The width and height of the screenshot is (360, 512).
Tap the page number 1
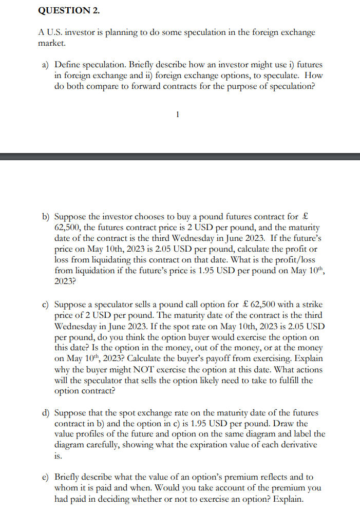pyautogui.click(x=177, y=115)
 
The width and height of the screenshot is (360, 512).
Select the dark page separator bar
pyautogui.click(x=180, y=156)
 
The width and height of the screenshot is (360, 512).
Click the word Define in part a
pyautogui.click(x=68, y=65)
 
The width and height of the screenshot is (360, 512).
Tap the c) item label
pyautogui.click(x=46, y=305)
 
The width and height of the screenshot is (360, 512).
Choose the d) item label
pyautogui.click(x=46, y=413)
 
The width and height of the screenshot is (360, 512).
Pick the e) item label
pyautogui.click(x=46, y=477)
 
